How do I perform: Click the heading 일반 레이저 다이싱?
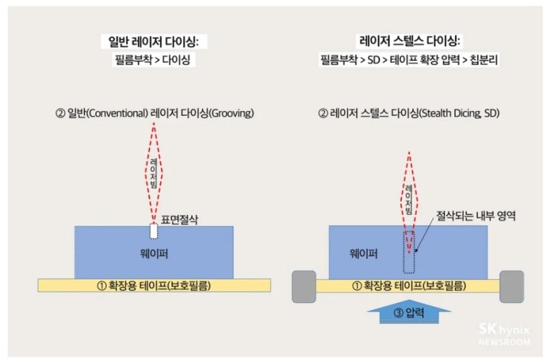coord(154,42)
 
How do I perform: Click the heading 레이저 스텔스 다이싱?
coord(408,42)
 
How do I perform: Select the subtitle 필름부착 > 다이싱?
coord(154,61)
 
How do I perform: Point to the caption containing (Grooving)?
coord(154,113)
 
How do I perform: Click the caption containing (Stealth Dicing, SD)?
coord(408,113)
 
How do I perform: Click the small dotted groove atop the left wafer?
coord(154,231)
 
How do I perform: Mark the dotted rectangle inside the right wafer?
coord(408,252)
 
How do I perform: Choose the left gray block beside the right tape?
coord(304,286)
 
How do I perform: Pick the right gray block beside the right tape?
coord(512,286)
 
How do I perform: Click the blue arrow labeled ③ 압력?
coord(408,310)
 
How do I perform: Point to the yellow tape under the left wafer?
coord(154,286)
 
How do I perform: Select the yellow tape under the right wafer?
coord(408,286)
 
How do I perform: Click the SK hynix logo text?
coord(503,329)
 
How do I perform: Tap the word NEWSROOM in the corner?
coord(504,342)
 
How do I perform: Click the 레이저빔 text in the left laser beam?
coord(154,174)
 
